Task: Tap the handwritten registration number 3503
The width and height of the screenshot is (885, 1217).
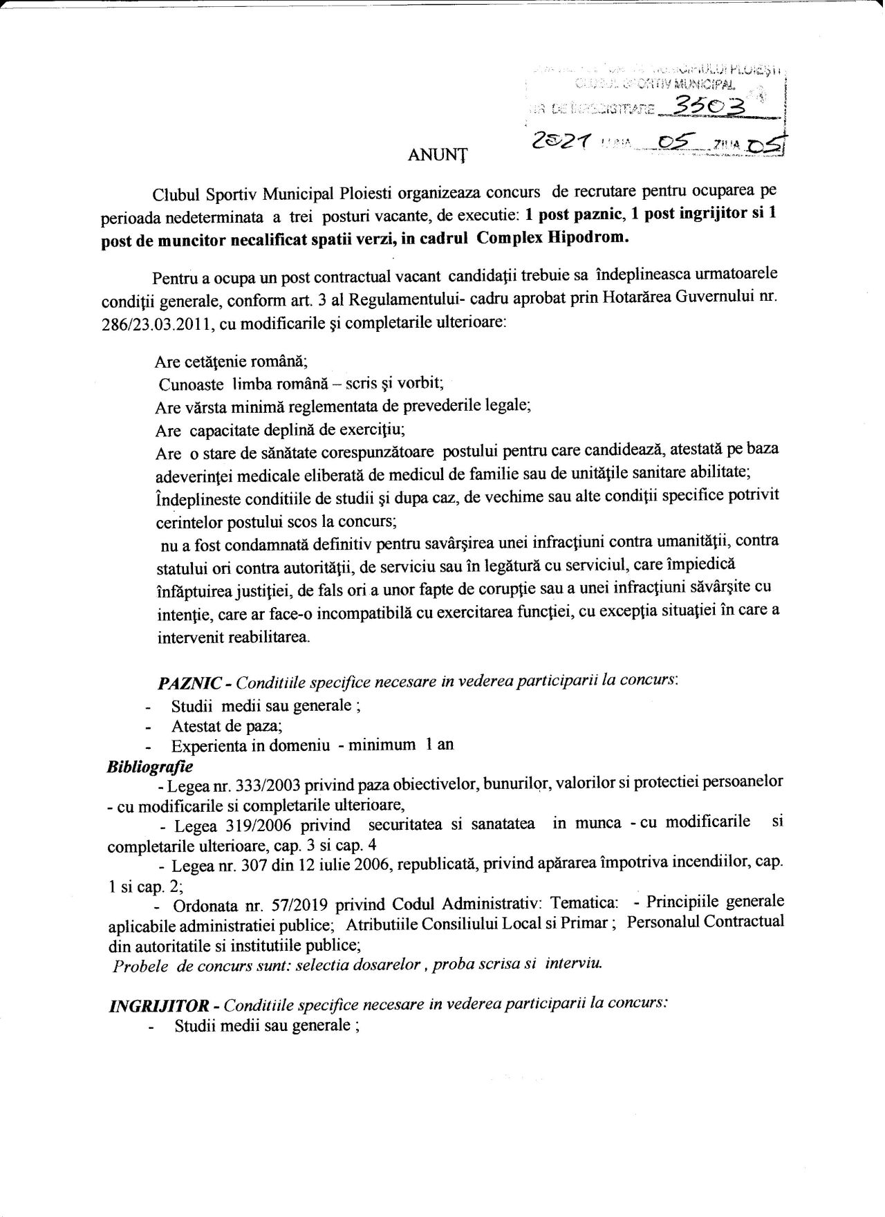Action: (695, 106)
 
